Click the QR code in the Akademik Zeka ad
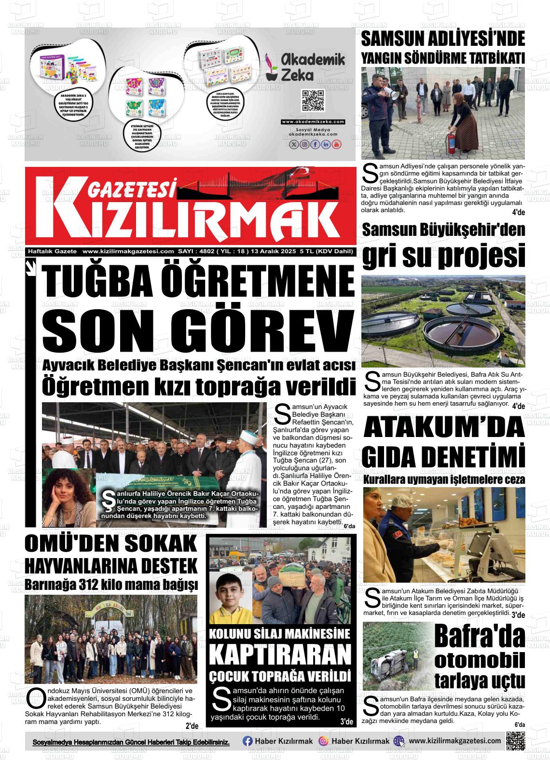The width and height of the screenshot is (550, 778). pos(312,100)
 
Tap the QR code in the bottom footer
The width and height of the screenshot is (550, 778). pos(515,741)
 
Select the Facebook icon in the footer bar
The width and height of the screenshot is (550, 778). pos(247,741)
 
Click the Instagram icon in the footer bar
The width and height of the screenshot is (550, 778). pos(324,741)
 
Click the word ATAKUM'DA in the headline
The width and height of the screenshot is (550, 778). pos(444,426)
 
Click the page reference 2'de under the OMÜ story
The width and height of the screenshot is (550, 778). pos(192,726)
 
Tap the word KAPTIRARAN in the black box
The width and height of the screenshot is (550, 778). pos(280,655)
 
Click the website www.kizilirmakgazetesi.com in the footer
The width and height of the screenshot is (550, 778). pos(454,741)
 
